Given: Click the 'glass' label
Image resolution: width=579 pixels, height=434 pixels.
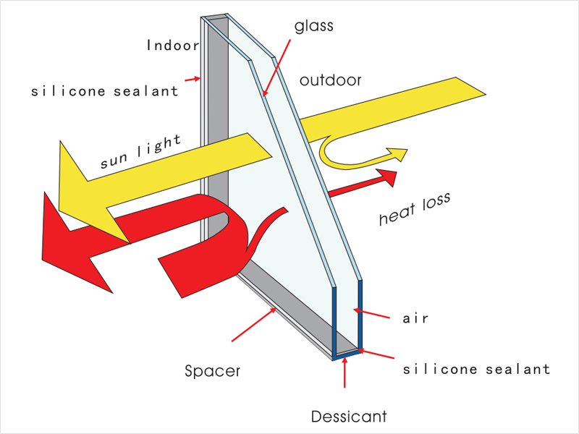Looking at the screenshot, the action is click(314, 27).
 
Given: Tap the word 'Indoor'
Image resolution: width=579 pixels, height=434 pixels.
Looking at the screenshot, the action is click(173, 46).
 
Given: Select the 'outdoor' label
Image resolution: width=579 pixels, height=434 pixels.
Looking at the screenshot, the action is click(330, 80).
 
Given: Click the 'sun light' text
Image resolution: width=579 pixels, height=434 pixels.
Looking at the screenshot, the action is click(141, 151).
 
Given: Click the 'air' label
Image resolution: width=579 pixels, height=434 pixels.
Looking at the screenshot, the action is click(415, 318).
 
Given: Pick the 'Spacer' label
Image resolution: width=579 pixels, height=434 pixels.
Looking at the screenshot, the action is click(212, 371).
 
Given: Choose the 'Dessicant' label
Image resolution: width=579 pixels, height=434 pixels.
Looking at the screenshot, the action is click(349, 417).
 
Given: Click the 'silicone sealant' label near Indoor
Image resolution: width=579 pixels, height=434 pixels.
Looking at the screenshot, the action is click(104, 91).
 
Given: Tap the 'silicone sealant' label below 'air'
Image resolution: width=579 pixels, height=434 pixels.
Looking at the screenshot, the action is click(477, 369).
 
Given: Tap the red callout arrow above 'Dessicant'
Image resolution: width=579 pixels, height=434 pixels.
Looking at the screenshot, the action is click(345, 373).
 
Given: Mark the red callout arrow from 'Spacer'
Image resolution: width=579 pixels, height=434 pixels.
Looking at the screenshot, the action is click(254, 325).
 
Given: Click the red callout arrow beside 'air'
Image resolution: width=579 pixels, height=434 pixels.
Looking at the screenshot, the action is click(371, 313).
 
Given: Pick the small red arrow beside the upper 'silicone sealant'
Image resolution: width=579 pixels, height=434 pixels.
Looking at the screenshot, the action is click(193, 79).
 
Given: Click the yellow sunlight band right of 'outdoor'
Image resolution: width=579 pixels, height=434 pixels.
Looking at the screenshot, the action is click(393, 109).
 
